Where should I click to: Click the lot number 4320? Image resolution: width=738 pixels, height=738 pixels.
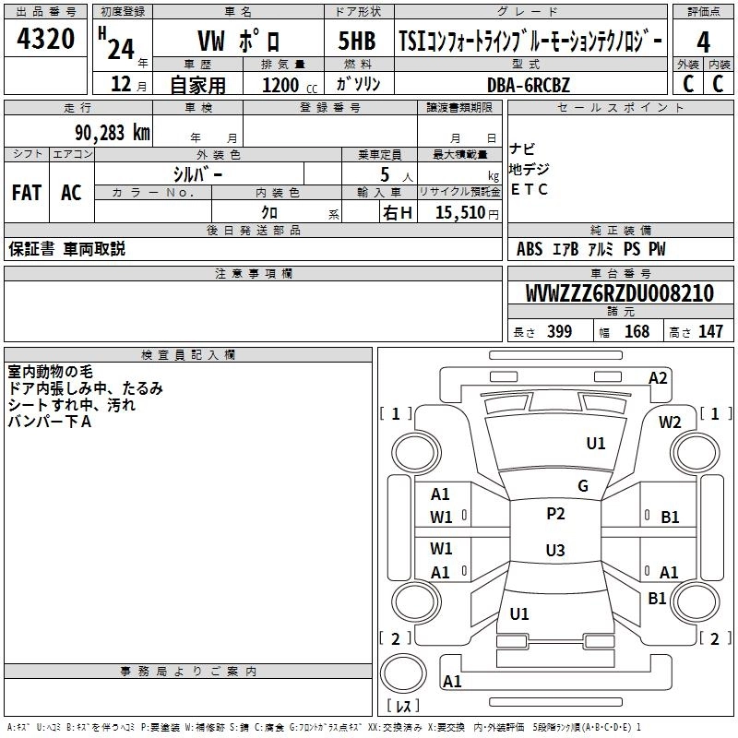coord(45,40)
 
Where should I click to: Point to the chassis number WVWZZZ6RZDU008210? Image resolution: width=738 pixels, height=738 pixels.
coord(619,293)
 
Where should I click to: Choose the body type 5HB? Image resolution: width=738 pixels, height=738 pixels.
coord(356,42)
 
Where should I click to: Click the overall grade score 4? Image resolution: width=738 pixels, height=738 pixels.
coord(704,42)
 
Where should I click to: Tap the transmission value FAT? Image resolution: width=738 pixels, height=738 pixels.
coord(27,193)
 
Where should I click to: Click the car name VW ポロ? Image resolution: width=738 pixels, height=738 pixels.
coord(240,42)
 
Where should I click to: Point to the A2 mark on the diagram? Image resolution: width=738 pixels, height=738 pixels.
coord(658,376)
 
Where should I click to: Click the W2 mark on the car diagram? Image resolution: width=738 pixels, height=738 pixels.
coord(671,423)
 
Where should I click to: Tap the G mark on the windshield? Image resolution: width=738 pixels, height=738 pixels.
coord(582,486)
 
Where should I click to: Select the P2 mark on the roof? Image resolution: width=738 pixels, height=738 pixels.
coord(555,514)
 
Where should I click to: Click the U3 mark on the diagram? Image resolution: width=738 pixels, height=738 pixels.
coord(554,551)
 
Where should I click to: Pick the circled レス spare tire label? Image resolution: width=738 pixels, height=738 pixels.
coord(402,707)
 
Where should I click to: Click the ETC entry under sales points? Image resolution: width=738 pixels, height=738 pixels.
coord(529,190)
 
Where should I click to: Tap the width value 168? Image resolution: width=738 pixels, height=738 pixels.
coord(637,332)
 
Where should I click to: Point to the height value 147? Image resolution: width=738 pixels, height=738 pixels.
coord(710,332)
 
